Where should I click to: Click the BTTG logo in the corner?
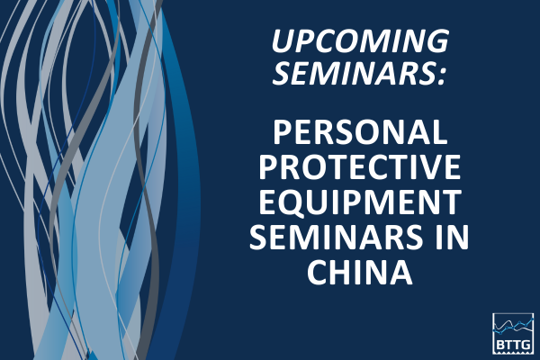(x=512, y=334)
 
